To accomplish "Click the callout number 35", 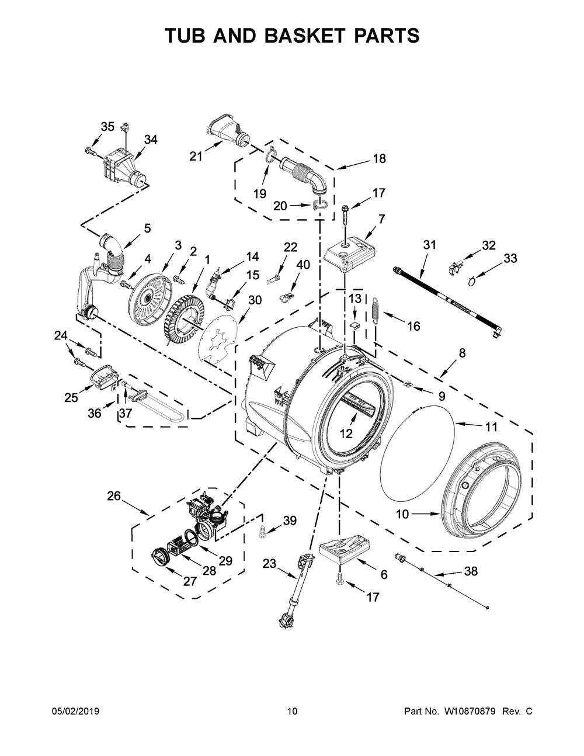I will pos(107,126).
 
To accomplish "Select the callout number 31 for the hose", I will pos(430,245).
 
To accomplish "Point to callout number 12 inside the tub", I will pos(346,433).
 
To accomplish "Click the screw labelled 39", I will pos(262,530).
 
